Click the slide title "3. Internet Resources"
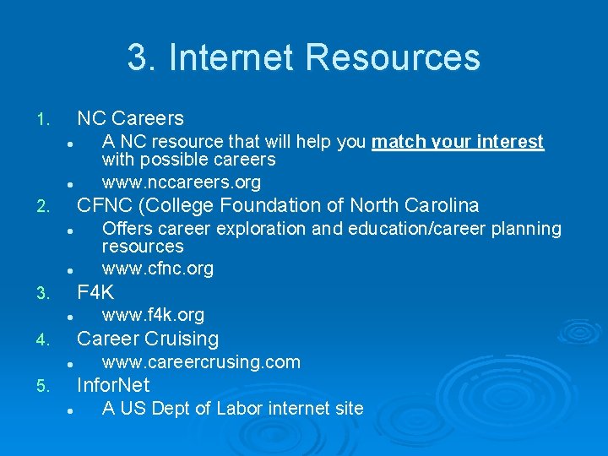304,57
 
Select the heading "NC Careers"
130,118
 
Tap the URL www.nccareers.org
181,182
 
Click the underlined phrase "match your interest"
458,142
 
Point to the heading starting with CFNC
278,205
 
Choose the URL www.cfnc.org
157,269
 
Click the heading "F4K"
95,293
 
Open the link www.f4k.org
153,315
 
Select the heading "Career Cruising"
148,339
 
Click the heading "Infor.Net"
113,385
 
